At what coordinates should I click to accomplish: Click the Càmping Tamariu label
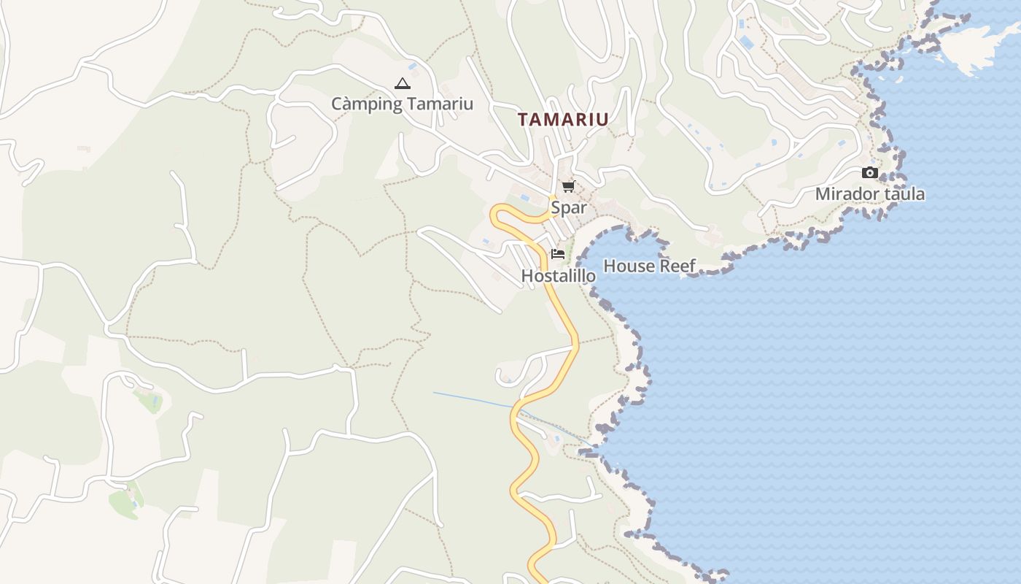pyautogui.click(x=402, y=104)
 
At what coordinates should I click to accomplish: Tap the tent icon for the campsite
pyautogui.click(x=402, y=84)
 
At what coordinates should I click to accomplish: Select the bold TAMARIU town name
pyautogui.click(x=563, y=120)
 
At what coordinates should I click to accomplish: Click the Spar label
pyautogui.click(x=568, y=207)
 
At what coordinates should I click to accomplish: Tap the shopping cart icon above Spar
pyautogui.click(x=568, y=187)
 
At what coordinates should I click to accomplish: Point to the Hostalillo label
pyautogui.click(x=558, y=276)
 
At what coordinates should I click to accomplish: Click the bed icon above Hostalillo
pyautogui.click(x=558, y=254)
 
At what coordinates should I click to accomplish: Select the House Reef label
pyautogui.click(x=649, y=266)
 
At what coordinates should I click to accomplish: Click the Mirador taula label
pyautogui.click(x=869, y=194)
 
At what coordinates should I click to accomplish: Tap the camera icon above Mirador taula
pyautogui.click(x=869, y=173)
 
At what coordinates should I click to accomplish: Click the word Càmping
pyautogui.click(x=367, y=104)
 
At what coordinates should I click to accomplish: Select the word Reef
pyautogui.click(x=678, y=266)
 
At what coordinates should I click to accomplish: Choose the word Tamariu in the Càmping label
pyautogui.click(x=440, y=104)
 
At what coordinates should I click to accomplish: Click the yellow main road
pyautogui.click(x=565, y=314)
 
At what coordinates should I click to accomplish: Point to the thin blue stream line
pyautogui.click(x=474, y=399)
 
